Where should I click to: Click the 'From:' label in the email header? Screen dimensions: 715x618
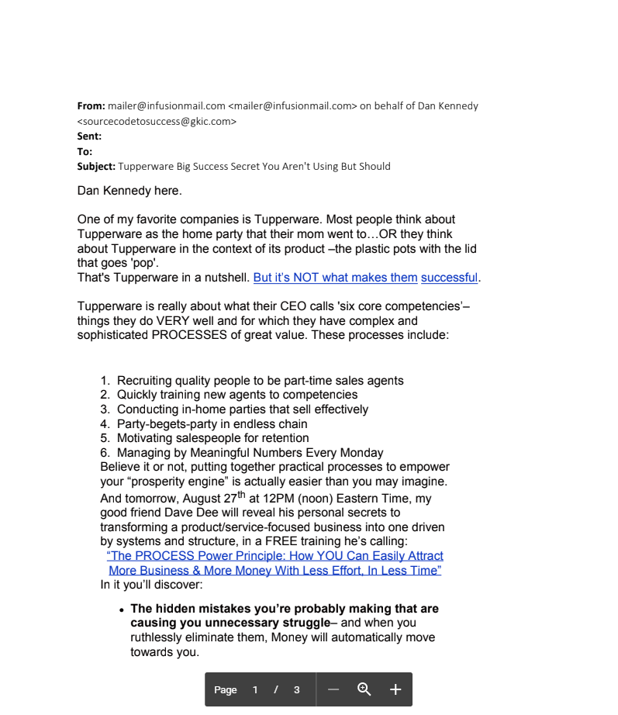pyautogui.click(x=91, y=105)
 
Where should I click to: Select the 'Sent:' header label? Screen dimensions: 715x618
pyautogui.click(x=89, y=136)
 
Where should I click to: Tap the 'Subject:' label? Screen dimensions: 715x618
pyautogui.click(x=96, y=167)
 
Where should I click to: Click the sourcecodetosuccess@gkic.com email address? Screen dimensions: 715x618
pyautogui.click(x=157, y=121)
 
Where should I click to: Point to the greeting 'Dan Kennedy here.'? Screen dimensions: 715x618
pyautogui.click(x=129, y=191)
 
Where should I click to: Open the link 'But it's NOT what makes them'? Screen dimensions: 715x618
pyautogui.click(x=335, y=278)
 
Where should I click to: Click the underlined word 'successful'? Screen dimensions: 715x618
pyautogui.click(x=450, y=278)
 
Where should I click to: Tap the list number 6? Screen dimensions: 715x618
pyautogui.click(x=105, y=453)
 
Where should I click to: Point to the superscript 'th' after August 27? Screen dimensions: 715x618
pyautogui.click(x=241, y=496)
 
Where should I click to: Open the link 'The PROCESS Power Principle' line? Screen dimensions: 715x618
pyautogui.click(x=275, y=556)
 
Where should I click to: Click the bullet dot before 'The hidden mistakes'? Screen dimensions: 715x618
pyautogui.click(x=122, y=611)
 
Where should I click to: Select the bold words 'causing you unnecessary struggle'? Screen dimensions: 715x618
pyautogui.click(x=230, y=623)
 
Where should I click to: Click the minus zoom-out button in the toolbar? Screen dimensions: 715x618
pyautogui.click(x=333, y=689)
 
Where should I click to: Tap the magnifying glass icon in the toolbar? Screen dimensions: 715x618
pyautogui.click(x=364, y=689)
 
